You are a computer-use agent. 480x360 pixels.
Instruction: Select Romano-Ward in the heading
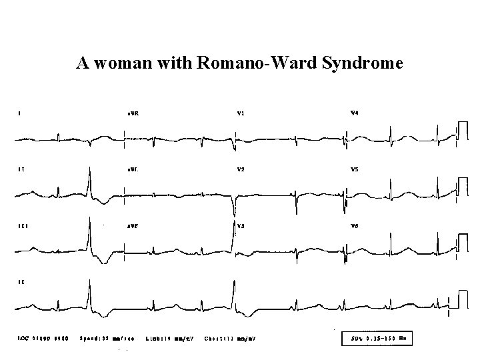(237, 63)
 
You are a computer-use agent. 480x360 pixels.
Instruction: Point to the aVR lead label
(133, 113)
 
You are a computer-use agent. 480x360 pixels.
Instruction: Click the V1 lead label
(241, 113)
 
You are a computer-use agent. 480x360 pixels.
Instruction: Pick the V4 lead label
(355, 113)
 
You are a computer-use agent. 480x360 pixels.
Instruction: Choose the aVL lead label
(133, 170)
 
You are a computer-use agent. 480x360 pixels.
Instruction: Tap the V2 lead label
(241, 170)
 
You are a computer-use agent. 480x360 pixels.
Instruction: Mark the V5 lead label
(355, 170)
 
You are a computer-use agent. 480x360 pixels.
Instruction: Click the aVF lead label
(133, 227)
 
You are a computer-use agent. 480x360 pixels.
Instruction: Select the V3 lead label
(241, 227)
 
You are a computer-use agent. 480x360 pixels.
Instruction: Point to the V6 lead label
(355, 227)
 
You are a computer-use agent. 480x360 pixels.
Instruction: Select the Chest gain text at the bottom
(229, 339)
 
